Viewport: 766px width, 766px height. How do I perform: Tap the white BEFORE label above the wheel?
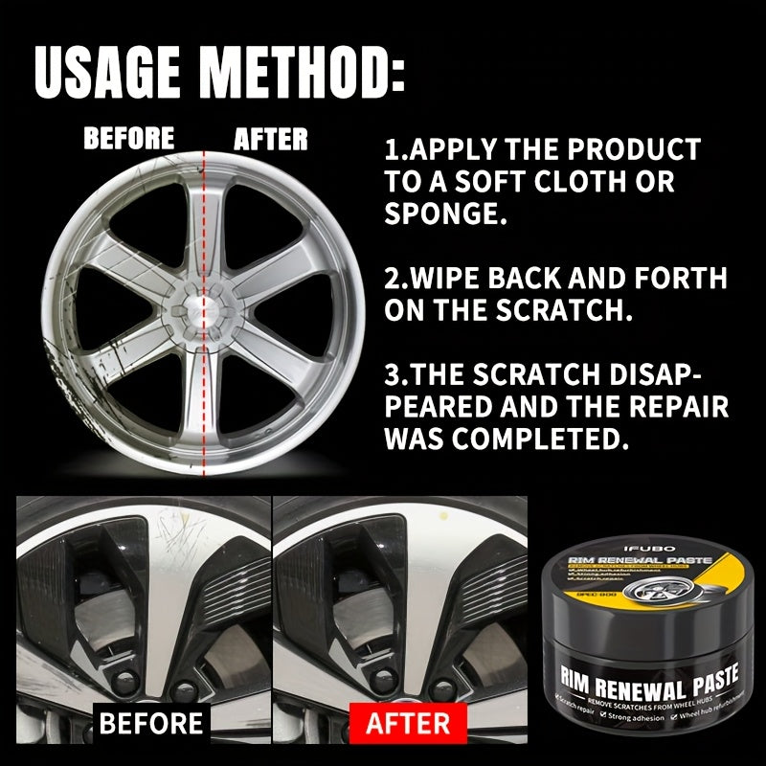(x=129, y=139)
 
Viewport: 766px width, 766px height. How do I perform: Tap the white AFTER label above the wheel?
(x=271, y=140)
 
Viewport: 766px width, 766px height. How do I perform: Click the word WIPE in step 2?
(x=457, y=279)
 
